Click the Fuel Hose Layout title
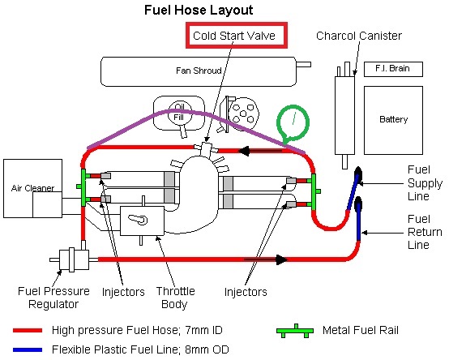(199, 11)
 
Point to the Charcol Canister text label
(359, 36)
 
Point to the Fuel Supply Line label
(425, 183)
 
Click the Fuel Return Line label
(425, 232)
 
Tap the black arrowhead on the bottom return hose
(281, 259)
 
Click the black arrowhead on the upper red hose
(244, 151)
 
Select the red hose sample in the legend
(28, 330)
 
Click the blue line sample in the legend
(28, 349)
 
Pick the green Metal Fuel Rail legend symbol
(295, 331)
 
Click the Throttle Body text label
(175, 298)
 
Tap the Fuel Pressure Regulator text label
(53, 298)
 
